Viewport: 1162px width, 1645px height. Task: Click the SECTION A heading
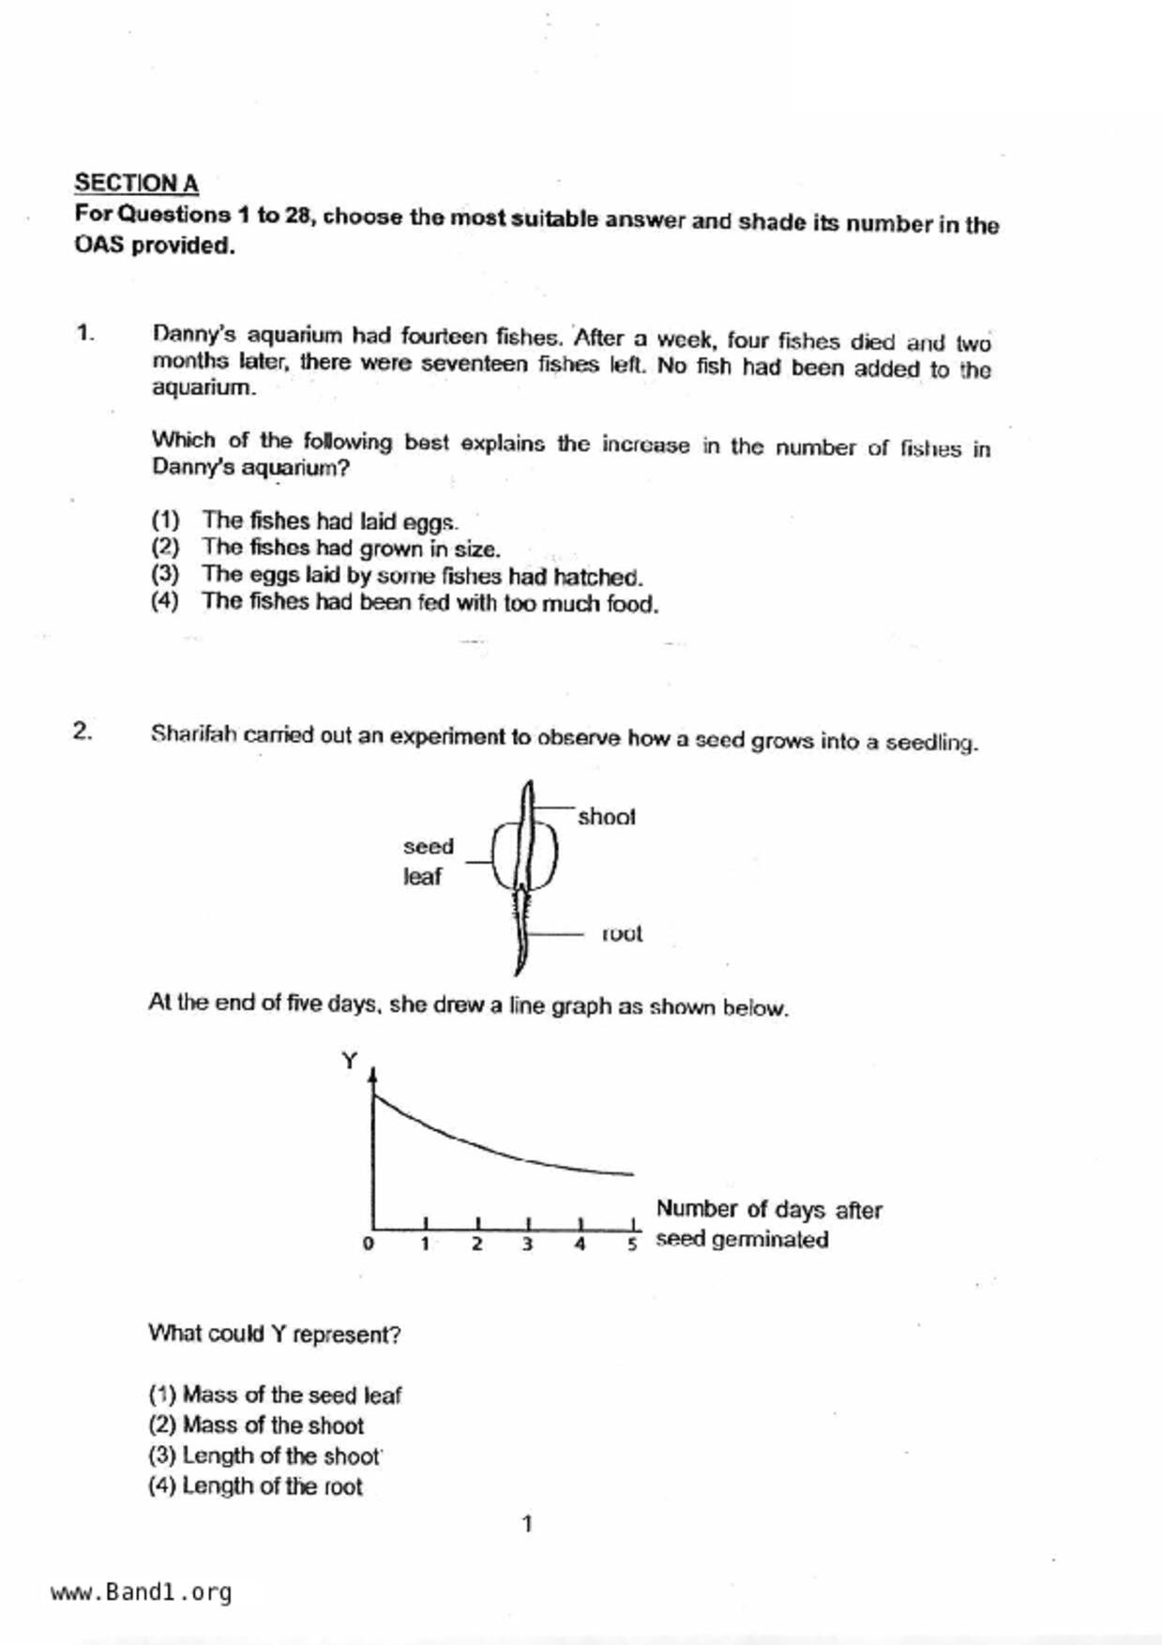pyautogui.click(x=136, y=183)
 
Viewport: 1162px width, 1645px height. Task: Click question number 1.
pyautogui.click(x=84, y=333)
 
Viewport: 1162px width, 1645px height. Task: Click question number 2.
pyautogui.click(x=83, y=731)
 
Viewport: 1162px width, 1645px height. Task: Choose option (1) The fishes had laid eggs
pyautogui.click(x=304, y=521)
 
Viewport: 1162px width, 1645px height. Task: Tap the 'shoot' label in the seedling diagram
pyautogui.click(x=606, y=817)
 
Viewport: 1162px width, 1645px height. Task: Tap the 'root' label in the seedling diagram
pyautogui.click(x=622, y=933)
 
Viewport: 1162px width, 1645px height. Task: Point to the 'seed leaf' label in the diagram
pyautogui.click(x=428, y=861)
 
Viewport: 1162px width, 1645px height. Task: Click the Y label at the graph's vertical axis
pyautogui.click(x=349, y=1061)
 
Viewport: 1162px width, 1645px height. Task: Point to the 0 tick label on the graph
pyautogui.click(x=368, y=1244)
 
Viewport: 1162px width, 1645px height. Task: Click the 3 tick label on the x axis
pyautogui.click(x=528, y=1245)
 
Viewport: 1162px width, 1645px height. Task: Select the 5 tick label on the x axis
pyautogui.click(x=632, y=1245)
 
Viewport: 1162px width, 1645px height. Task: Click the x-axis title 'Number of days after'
pyautogui.click(x=768, y=1210)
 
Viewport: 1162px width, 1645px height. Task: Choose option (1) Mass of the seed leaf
pyautogui.click(x=274, y=1396)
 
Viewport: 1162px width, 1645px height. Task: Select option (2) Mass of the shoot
pyautogui.click(x=255, y=1426)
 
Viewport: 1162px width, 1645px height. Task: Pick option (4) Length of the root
pyautogui.click(x=254, y=1487)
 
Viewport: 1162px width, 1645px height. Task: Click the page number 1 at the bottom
pyautogui.click(x=527, y=1524)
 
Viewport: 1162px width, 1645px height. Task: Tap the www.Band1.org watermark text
pyautogui.click(x=141, y=1592)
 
